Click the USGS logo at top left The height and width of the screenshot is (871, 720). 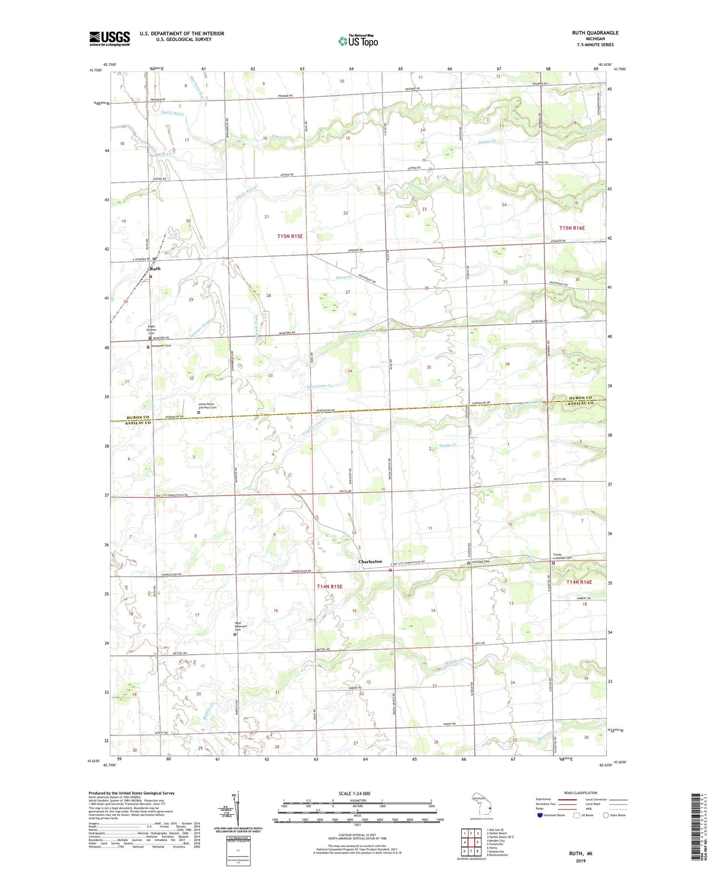pos(109,38)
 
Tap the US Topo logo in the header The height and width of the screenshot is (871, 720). pos(358,41)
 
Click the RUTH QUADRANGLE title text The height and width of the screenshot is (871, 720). pos(595,33)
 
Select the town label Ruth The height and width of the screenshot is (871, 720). pos(154,269)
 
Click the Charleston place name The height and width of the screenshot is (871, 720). pos(370,561)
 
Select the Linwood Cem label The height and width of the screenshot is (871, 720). pos(481,562)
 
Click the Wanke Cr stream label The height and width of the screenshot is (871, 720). pos(447,445)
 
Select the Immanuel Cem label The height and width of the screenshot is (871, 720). pos(161,345)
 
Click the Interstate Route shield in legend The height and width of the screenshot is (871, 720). pos(540,815)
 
